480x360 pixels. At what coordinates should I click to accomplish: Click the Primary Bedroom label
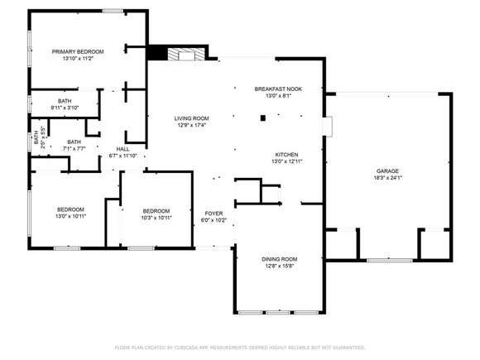coord(78,52)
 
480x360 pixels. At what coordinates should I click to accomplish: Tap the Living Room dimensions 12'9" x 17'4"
coord(192,125)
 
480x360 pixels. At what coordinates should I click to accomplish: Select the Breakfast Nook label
coord(278,89)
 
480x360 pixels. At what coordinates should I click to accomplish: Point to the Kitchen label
coord(287,155)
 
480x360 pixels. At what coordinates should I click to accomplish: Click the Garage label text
coord(387,171)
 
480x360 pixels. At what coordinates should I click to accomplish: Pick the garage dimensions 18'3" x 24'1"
coord(387,178)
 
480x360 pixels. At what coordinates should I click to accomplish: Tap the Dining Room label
coord(280,259)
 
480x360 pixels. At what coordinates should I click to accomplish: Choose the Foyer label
coord(214,214)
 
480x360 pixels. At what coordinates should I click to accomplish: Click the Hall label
coord(122,149)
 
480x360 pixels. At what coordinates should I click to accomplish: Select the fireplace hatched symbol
coord(186,54)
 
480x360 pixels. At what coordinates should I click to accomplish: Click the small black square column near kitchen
coord(262,118)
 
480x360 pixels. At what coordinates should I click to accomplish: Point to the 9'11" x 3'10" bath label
coord(65,104)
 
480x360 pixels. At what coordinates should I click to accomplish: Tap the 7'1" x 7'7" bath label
coord(74,145)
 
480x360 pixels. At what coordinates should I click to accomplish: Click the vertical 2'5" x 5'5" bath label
coord(40,137)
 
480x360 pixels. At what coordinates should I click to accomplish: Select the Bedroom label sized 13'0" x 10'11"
coord(70,213)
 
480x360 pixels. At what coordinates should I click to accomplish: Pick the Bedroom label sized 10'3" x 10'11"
coord(156,214)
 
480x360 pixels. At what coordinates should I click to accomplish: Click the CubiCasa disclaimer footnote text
coord(240,348)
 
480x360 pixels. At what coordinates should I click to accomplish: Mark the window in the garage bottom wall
coord(390,261)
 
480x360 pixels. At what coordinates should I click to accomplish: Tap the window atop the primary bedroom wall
coord(113,11)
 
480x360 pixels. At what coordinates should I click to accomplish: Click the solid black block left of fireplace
coord(156,53)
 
